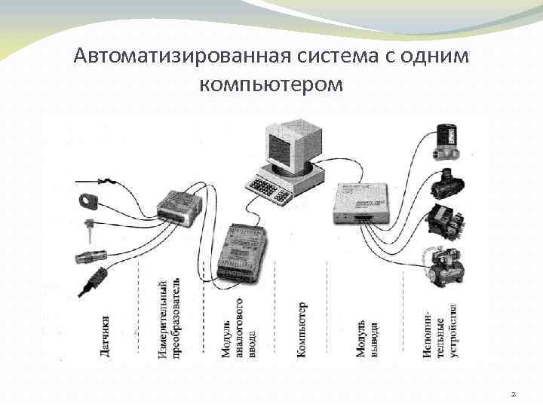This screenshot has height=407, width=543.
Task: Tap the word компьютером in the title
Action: [x=271, y=83]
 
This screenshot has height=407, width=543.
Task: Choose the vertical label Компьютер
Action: [x=302, y=328]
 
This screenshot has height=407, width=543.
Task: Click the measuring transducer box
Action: [x=179, y=204]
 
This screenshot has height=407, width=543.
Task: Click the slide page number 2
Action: [x=513, y=393]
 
